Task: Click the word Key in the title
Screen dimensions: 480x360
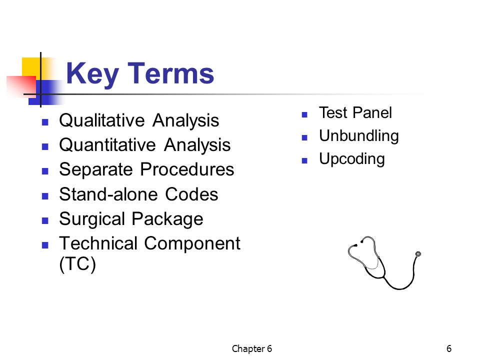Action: tap(92, 74)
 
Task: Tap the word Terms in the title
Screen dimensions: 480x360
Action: tap(171, 73)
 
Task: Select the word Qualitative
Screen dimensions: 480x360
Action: tap(102, 120)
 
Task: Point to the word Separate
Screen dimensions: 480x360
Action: tap(96, 169)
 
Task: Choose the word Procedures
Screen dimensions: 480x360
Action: tap(187, 169)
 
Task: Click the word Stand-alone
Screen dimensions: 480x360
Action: tap(108, 194)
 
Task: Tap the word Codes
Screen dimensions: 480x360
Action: tap(191, 194)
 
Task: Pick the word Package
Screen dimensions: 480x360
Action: tap(167, 219)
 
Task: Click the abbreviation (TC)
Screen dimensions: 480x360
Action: tap(77, 264)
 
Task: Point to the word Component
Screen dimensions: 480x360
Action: tap(192, 244)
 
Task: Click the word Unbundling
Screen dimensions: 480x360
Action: tap(359, 136)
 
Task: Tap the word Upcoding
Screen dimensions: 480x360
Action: tap(351, 159)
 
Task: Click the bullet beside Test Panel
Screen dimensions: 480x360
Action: tap(304, 115)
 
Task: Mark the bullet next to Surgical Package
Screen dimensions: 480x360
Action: tap(45, 220)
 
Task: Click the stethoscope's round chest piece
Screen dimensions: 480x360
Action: tap(418, 254)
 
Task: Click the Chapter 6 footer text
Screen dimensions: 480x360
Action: tap(251, 348)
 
